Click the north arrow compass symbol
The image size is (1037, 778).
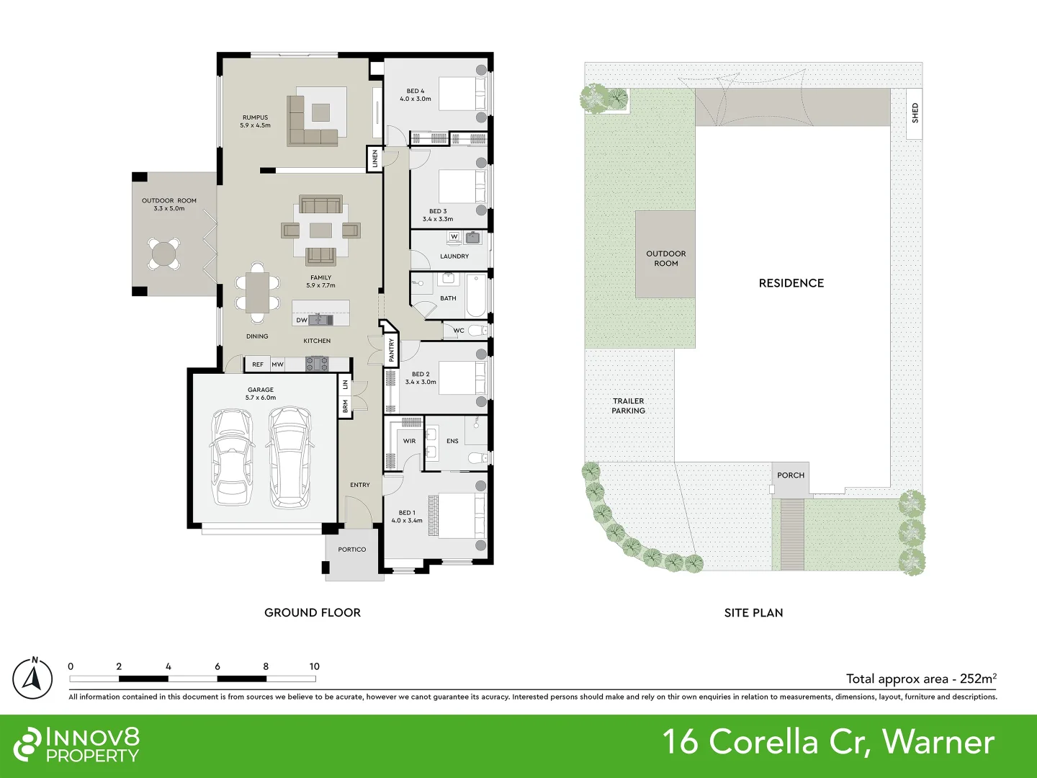pos(32,679)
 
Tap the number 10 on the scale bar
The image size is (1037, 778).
pos(314,666)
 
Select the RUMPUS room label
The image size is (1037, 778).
pos(255,117)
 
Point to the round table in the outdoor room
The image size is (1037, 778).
pos(163,254)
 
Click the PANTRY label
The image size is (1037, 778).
pos(392,350)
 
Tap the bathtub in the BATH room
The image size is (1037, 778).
pos(475,296)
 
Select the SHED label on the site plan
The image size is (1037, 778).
pos(915,113)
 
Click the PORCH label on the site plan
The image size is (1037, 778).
pos(790,475)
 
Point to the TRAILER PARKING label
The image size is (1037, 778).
pos(628,406)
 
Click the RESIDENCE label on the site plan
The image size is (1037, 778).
pos(791,283)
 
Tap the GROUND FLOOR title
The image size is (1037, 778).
pos(313,612)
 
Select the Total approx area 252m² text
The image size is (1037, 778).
pos(920,679)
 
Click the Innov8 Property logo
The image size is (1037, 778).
pos(77,745)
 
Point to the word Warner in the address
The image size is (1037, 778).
pos(938,742)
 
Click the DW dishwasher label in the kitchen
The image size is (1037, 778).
pos(302,320)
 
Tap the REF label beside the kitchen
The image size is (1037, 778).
pos(258,365)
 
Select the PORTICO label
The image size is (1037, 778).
pos(352,550)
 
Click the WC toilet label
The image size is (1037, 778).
pos(459,331)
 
